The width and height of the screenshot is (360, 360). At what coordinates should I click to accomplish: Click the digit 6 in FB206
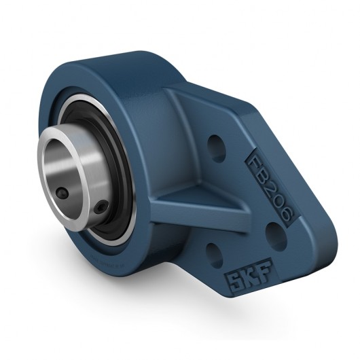coord(285,217)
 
